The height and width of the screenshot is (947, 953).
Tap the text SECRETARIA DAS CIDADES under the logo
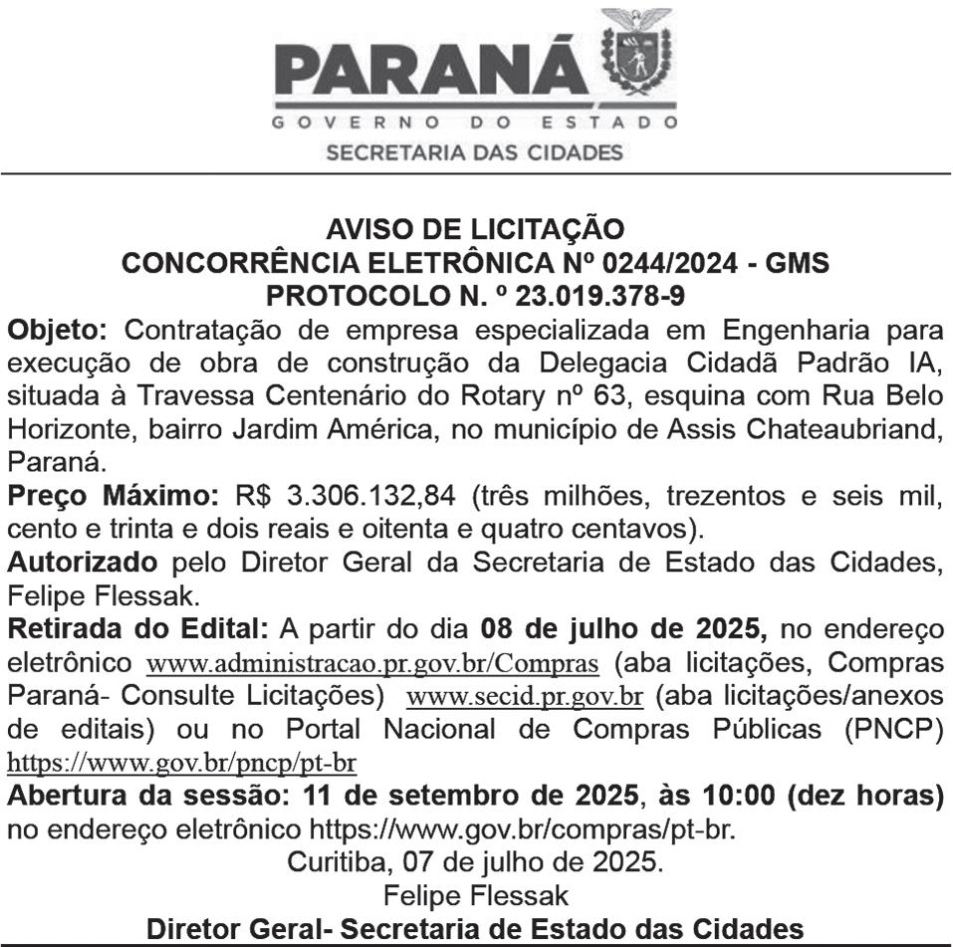[475, 153]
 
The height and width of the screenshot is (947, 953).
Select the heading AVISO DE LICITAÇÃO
[476, 230]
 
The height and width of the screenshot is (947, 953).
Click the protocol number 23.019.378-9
[585, 296]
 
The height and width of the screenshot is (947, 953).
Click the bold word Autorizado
[82, 561]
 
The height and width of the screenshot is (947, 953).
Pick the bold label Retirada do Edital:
[138, 628]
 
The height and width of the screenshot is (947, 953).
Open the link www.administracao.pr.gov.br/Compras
[372, 662]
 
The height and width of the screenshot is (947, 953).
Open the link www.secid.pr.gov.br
[525, 696]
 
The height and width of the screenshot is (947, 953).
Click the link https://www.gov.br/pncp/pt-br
[181, 764]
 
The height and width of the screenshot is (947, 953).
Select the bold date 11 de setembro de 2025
[472, 797]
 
